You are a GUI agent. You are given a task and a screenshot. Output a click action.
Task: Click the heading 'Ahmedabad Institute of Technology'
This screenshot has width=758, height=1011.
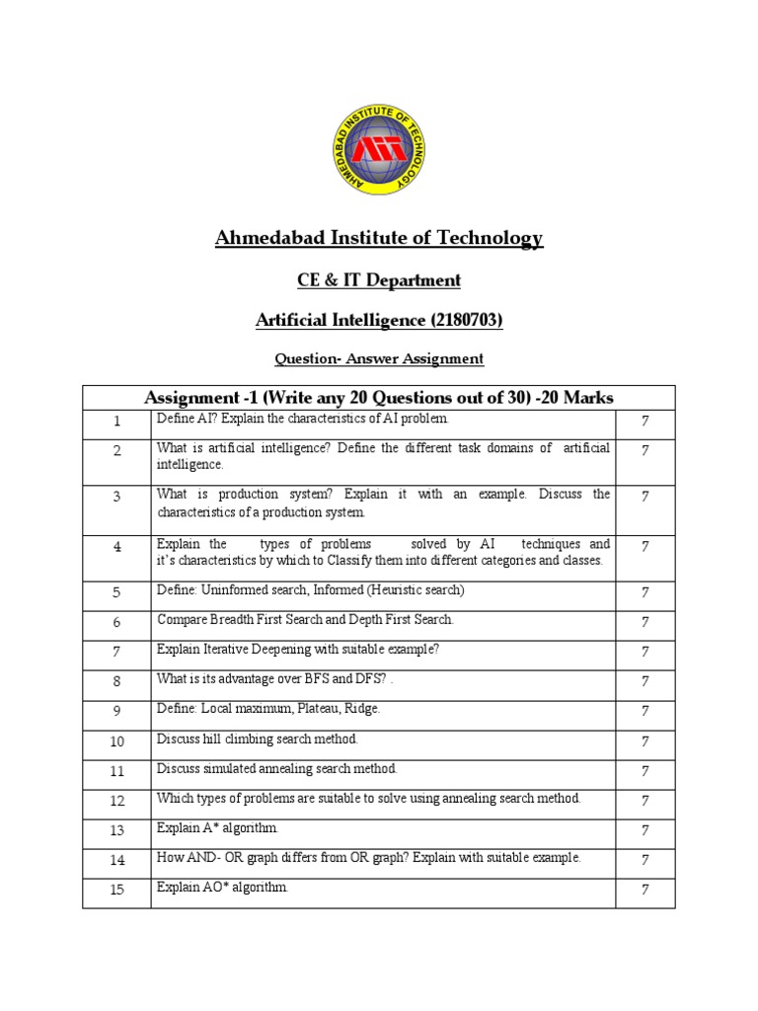click(x=379, y=238)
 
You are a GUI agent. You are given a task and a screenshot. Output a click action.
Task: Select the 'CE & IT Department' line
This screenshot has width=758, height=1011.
click(x=379, y=280)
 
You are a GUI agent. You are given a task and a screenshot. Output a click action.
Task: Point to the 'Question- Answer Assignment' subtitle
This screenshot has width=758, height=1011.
click(x=379, y=358)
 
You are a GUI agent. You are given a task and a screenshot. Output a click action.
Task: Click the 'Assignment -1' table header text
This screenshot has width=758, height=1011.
click(x=379, y=397)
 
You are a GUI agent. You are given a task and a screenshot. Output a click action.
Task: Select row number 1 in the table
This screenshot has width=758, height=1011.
click(x=116, y=422)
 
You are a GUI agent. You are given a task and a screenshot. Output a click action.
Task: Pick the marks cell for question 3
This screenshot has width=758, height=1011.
click(x=644, y=497)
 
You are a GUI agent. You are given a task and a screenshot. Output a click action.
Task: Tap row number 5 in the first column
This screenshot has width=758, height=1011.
click(x=116, y=592)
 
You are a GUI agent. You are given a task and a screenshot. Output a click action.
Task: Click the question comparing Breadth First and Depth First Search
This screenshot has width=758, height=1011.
click(x=305, y=620)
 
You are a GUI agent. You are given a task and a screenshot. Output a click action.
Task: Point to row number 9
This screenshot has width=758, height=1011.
click(x=116, y=711)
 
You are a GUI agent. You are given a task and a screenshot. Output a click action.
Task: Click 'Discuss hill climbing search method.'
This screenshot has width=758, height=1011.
click(x=258, y=739)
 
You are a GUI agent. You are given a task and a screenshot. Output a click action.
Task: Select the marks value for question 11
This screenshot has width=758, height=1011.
click(x=644, y=770)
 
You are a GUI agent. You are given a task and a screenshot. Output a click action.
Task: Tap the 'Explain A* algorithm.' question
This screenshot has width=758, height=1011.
click(x=218, y=827)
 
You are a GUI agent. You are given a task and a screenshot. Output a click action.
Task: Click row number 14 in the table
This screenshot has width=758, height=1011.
click(x=116, y=860)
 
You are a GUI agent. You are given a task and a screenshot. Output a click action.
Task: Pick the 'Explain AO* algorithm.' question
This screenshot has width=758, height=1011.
click(x=222, y=888)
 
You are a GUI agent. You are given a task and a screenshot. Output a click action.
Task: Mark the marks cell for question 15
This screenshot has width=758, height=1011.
click(x=644, y=890)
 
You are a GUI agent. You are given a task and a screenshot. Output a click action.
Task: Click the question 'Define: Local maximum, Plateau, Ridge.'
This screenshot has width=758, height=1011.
click(x=268, y=709)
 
